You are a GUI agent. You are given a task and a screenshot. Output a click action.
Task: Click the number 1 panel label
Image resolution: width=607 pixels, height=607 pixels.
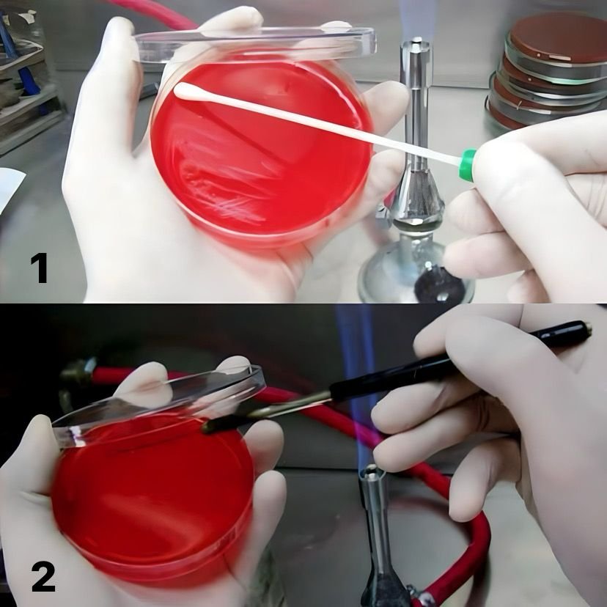click(40, 268)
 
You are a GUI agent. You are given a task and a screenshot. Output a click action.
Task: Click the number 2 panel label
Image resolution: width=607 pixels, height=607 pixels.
click(43, 577)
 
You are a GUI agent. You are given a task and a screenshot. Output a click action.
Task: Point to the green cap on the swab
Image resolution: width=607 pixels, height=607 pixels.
click(468, 165)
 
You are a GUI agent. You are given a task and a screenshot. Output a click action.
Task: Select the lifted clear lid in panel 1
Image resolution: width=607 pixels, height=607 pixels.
click(256, 43)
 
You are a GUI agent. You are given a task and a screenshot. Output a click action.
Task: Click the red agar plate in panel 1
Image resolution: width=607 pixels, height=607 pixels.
click(260, 149)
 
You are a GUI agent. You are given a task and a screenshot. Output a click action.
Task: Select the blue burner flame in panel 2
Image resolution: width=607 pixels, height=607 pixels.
click(358, 387)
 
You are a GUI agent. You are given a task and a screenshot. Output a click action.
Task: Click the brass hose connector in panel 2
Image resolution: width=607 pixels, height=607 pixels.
click(78, 371)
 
